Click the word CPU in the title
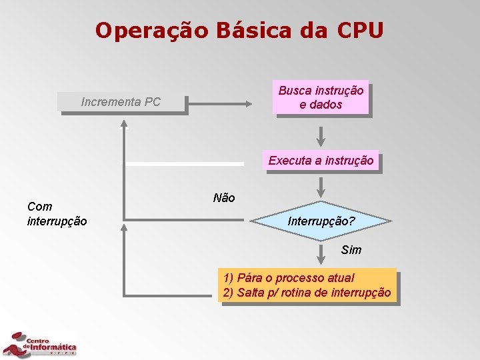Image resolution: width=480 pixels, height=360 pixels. tap(361, 31)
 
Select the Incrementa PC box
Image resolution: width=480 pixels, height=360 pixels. tap(121, 102)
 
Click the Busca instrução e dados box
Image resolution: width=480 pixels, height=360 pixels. tap(321, 98)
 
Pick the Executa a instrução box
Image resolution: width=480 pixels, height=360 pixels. tap(321, 160)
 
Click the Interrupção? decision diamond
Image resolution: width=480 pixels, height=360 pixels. tap(321, 221)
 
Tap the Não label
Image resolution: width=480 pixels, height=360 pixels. tap(223, 198)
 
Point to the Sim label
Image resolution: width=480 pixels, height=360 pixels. tap(351, 250)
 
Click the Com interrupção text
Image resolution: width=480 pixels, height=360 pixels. tap(57, 213)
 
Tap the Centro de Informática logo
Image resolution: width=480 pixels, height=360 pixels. tap(40, 344)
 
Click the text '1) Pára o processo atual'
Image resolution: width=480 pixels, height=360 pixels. tap(289, 278)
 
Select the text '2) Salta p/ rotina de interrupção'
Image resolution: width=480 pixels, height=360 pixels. tap(307, 293)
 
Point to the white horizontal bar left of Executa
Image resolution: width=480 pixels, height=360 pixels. tap(185, 163)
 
